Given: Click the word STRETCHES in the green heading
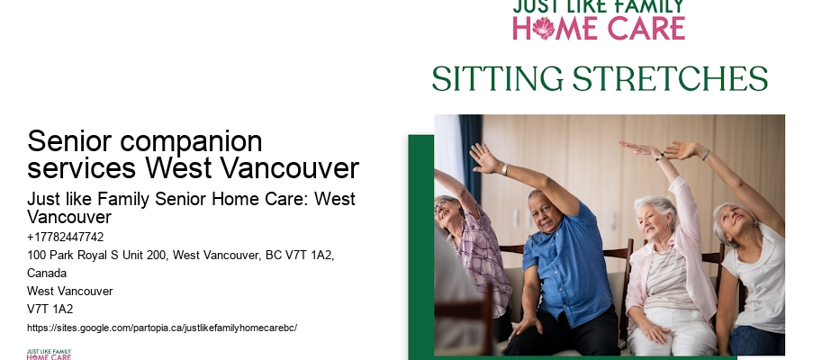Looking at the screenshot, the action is (670, 79).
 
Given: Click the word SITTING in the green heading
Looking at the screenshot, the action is (498, 79).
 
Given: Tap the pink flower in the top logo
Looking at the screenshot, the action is (543, 28).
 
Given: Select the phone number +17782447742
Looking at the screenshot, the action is (66, 237).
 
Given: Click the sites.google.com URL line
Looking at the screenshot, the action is (162, 328).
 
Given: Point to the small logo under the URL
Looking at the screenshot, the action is (49, 354).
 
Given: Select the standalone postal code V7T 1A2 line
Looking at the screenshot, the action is (50, 309).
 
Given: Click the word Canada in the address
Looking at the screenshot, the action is (47, 274).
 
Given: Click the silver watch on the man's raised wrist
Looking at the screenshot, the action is (505, 169).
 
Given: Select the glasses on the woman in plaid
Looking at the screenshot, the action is (441, 206).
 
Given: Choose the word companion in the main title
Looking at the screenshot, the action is (191, 142).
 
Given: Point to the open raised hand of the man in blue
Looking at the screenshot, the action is (483, 157).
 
